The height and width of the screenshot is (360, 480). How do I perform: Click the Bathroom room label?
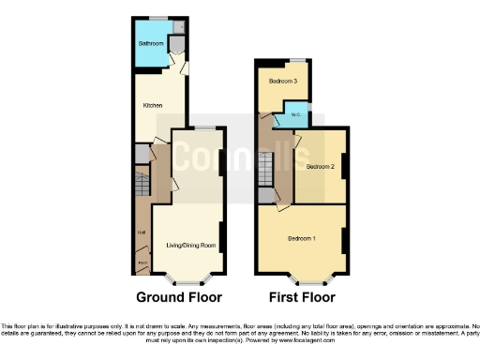click(152, 44)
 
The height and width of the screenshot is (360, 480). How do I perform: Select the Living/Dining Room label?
click(191, 246)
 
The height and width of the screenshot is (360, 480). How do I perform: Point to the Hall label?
click(142, 232)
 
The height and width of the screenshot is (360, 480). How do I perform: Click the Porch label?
click(142, 262)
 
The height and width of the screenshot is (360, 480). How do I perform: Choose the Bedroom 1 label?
click(301, 238)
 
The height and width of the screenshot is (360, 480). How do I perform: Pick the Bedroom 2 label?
click(320, 167)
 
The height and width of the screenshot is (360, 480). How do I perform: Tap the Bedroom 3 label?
click(283, 82)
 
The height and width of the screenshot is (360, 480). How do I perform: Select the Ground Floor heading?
click(179, 298)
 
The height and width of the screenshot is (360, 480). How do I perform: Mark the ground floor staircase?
click(142, 184)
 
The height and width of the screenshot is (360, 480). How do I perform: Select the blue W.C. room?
click(297, 119)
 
